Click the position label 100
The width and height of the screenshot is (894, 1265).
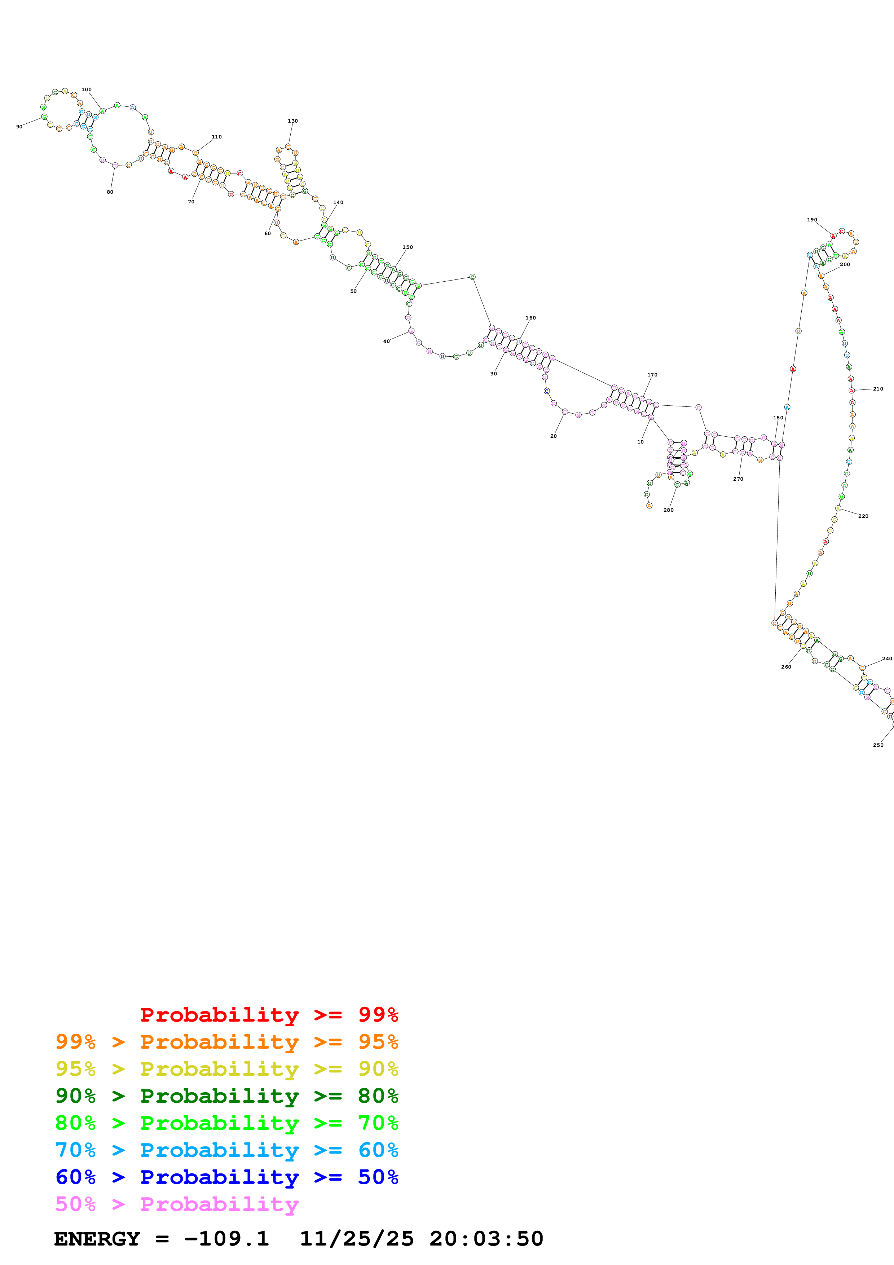[x=87, y=89]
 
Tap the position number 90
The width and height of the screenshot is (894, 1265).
[x=19, y=127]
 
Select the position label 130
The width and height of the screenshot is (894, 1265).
[x=292, y=121]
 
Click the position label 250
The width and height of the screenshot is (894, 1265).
[x=878, y=745]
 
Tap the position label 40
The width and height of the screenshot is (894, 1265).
[x=386, y=341]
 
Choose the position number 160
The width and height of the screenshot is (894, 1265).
[x=530, y=318]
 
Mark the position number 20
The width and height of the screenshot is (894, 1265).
[x=554, y=436]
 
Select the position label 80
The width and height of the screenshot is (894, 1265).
[x=110, y=192]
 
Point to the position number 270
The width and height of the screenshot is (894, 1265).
[x=738, y=479]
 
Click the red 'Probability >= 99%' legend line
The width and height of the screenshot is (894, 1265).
[x=269, y=1014]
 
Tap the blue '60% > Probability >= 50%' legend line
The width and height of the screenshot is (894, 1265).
[x=226, y=1177]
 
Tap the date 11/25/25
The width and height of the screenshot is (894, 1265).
[x=356, y=1239]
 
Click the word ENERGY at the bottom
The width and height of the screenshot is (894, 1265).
[x=97, y=1239]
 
